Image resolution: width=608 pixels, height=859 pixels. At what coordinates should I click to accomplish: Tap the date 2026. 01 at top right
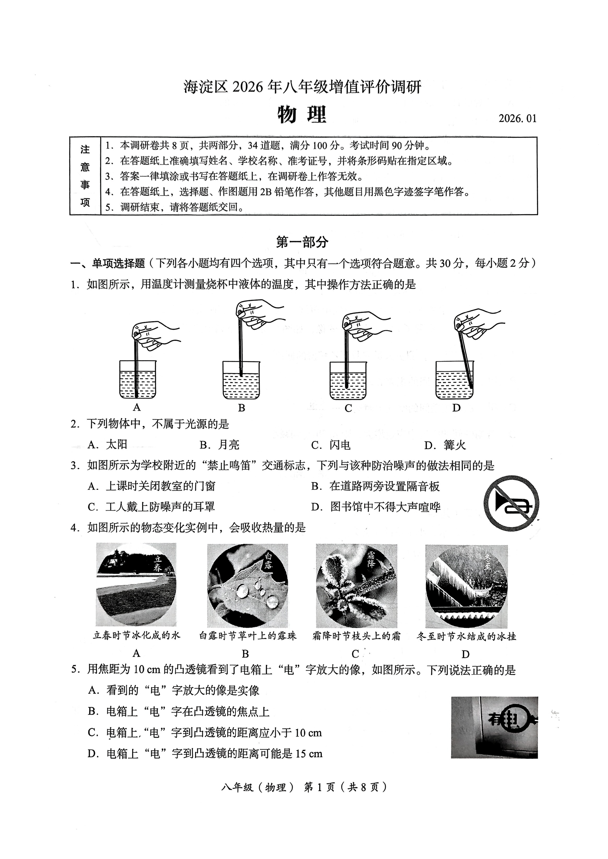coord(517,119)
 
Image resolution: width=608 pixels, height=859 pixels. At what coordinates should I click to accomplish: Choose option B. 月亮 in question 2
coord(219,445)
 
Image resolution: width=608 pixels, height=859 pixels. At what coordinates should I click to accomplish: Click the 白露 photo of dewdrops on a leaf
coord(248,585)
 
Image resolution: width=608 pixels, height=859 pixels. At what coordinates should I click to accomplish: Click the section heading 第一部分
coord(302,242)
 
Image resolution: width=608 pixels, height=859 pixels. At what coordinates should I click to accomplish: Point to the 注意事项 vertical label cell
coord(85,176)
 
